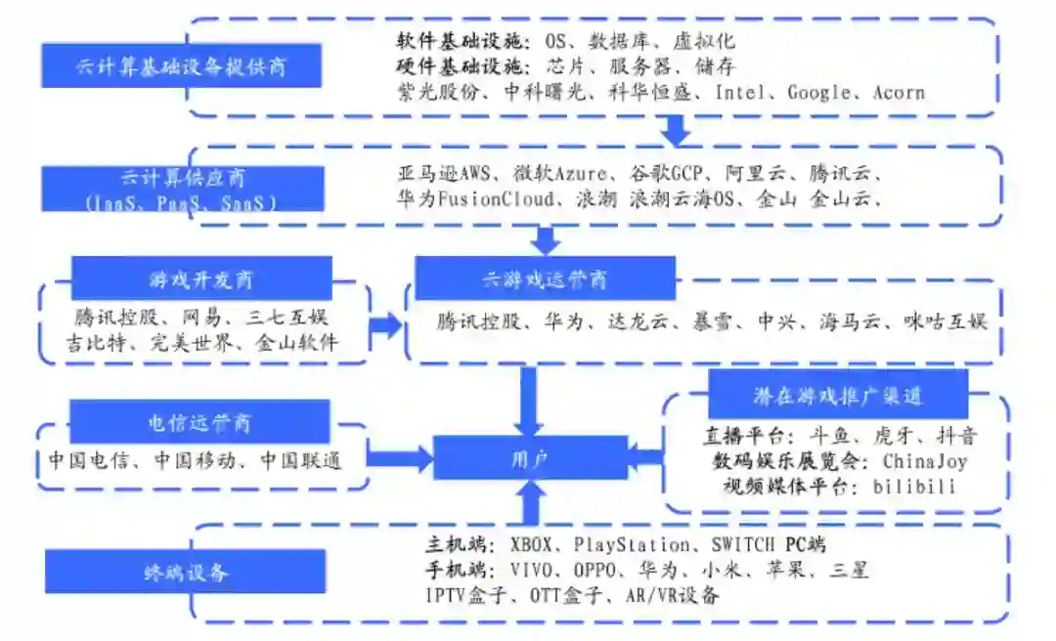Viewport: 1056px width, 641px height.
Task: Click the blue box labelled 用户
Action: coord(530,457)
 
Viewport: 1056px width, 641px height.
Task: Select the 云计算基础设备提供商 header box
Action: coord(183,68)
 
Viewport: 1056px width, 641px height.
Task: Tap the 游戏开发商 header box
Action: coord(200,279)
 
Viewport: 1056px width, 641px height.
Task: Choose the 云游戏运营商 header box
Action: coord(545,279)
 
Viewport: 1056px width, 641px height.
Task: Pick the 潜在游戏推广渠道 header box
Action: coord(838,396)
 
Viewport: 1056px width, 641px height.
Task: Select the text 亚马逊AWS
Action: coord(442,174)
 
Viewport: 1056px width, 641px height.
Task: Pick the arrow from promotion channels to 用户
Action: coord(644,454)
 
